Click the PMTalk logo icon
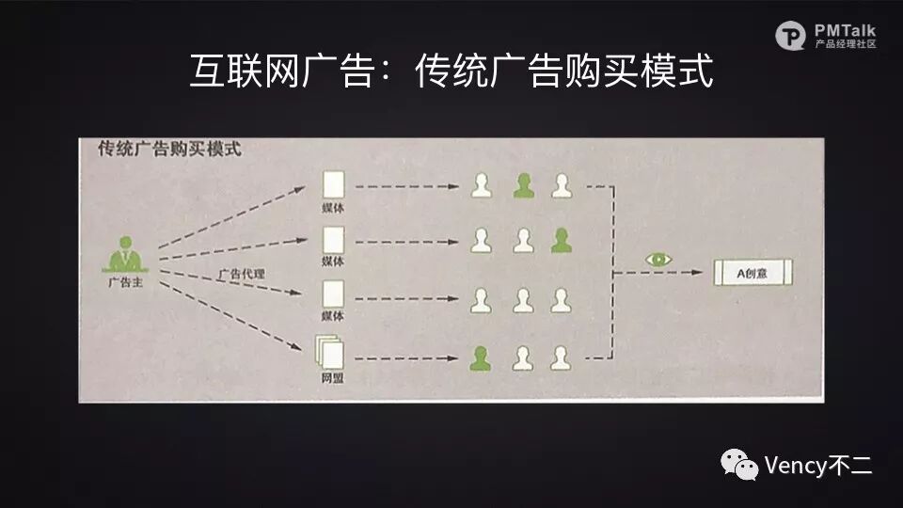pyautogui.click(x=791, y=36)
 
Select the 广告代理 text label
pyautogui.click(x=242, y=274)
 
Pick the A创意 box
pyautogui.click(x=752, y=272)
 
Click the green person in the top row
pyautogui.click(x=523, y=185)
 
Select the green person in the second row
pyautogui.click(x=562, y=241)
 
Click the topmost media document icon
pyautogui.click(x=332, y=183)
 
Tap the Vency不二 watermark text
pyautogui.click(x=819, y=465)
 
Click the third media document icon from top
pyautogui.click(x=332, y=295)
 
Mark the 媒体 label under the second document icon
pyautogui.click(x=332, y=261)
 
